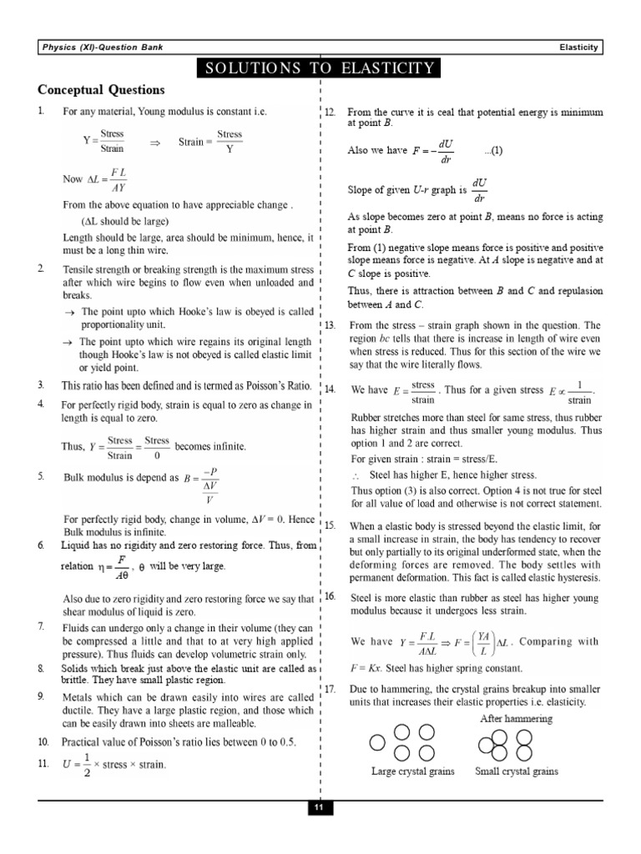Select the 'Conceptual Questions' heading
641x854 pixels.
101,90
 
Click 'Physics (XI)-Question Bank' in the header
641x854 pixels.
103,48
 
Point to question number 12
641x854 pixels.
330,112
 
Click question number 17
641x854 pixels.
330,689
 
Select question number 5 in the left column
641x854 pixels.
41,476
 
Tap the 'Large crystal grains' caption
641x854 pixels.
412,771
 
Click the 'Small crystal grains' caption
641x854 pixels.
516,771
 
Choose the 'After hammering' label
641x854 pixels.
516,718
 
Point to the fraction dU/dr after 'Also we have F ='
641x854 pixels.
447,151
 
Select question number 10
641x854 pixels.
43,741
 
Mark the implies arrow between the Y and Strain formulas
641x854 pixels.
154,143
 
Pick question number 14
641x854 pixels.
330,389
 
